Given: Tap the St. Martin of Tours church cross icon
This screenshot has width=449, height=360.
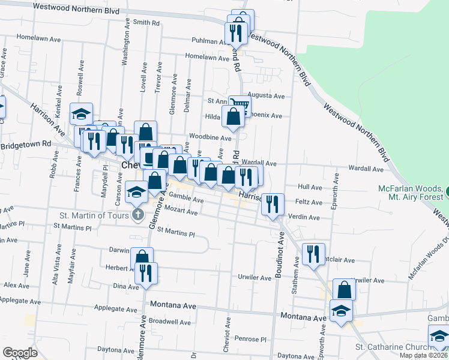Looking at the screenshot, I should pyautogui.click(x=137, y=214).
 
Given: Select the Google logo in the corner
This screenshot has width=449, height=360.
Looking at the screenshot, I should pyautogui.click(x=20, y=353).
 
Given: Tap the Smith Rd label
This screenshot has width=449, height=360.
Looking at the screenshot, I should pyautogui.click(x=146, y=23).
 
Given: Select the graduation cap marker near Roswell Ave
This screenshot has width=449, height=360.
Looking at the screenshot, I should pyautogui.click(x=81, y=114).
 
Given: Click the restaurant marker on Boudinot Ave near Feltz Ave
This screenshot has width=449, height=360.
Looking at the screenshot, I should pyautogui.click(x=273, y=204).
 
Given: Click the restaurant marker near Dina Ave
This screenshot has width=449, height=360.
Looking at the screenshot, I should pyautogui.click(x=146, y=273).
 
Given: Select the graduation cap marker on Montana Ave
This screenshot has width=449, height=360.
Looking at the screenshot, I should pyautogui.click(x=341, y=311).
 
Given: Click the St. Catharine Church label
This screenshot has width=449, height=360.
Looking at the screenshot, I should pyautogui.click(x=393, y=347).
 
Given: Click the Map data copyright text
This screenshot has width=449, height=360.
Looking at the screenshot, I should pyautogui.click(x=423, y=355).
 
